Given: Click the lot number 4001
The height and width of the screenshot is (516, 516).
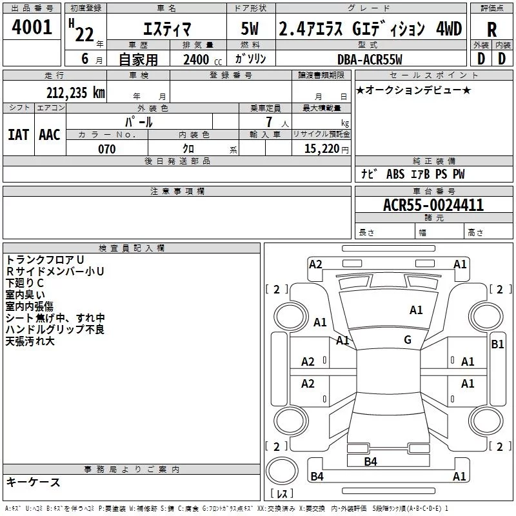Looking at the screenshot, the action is coord(32,27).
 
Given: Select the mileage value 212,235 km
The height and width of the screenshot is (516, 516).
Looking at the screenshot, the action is coord(75,93).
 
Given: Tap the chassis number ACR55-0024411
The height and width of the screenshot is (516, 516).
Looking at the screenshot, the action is coord(433,205).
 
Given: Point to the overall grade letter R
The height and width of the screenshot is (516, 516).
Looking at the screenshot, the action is coord(491,30).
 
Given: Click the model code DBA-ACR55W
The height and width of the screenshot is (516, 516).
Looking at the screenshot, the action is coord(370,59).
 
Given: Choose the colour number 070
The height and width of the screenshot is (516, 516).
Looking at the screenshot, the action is coord(106,149).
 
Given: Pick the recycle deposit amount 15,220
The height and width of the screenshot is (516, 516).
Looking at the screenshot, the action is coord(321,149).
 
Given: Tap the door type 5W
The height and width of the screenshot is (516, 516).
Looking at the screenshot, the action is coord(250,28).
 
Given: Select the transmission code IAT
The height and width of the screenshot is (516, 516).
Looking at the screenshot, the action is coord(18,135).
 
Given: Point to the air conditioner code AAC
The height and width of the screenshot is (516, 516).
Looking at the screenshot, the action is coord(50,135).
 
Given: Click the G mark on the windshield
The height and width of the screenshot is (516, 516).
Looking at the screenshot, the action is coord(408,340).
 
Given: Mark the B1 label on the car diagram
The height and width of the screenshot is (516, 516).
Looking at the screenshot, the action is coord(497,344).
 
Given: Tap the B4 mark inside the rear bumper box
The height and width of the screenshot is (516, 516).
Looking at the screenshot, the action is coord(370,462).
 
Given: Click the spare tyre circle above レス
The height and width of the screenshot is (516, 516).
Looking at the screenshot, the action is coord(282,471).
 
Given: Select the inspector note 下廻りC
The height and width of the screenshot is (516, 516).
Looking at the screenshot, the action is coord(25,283).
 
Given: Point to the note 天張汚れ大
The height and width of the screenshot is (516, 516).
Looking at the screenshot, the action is coord(30,341).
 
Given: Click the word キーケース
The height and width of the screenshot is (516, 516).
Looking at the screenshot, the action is coord(34,482).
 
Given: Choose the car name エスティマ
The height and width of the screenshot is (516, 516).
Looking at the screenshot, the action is coord(167,29).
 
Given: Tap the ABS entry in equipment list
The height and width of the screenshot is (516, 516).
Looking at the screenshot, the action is coord(395,174).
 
